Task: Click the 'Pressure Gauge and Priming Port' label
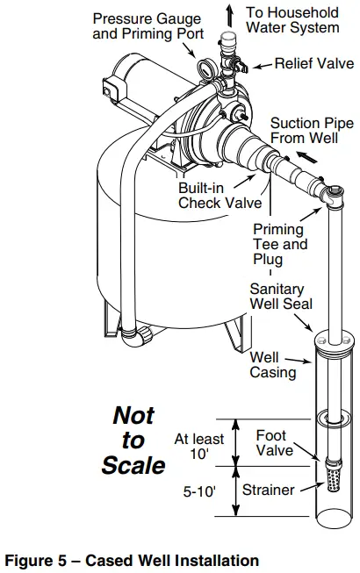click(146, 25)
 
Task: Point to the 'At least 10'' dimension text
click(200, 446)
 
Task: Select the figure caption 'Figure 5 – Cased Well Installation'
click(133, 560)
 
